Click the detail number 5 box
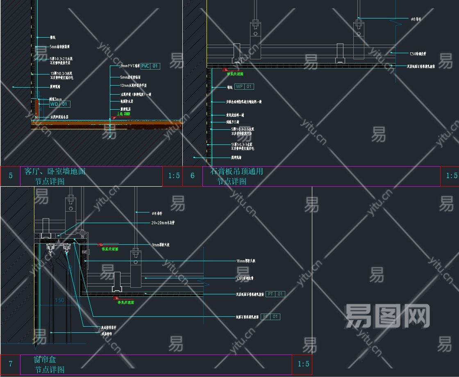(10, 176)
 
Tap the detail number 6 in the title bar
(193, 176)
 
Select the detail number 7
(10, 364)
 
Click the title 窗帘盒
(45, 360)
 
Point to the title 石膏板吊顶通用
(236, 172)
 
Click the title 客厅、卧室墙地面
(55, 172)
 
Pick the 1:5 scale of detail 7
(303, 364)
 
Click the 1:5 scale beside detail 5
(174, 176)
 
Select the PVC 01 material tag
(150, 66)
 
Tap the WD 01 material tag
(59, 104)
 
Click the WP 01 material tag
(244, 87)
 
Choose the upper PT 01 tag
(275, 294)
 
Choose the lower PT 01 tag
(271, 316)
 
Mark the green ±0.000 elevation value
(123, 114)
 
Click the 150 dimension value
(59, 300)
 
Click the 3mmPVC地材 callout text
(130, 66)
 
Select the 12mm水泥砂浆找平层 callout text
(133, 86)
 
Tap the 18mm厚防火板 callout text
(248, 261)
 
